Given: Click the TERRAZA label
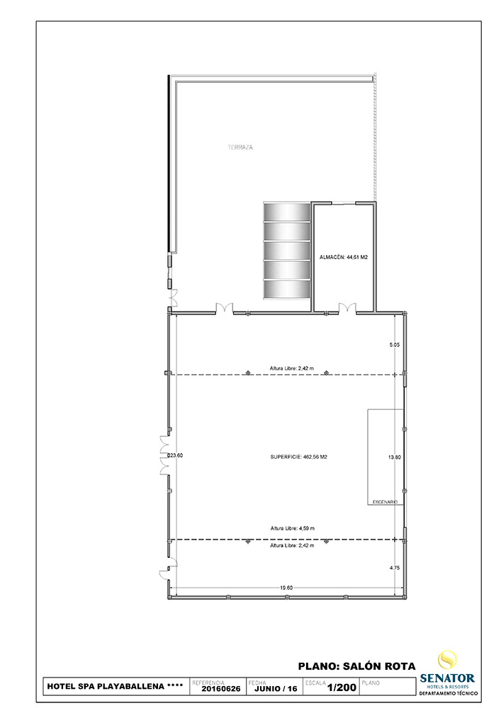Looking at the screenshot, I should tap(240, 147).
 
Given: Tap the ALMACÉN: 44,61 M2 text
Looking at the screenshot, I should tap(343, 258).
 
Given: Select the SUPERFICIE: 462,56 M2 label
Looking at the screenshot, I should tap(298, 457).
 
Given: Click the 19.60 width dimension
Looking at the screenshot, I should tap(286, 587).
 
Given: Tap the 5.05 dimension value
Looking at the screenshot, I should tap(395, 346).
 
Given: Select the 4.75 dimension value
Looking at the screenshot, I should tap(395, 568).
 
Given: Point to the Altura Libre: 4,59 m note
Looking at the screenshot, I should tap(292, 528).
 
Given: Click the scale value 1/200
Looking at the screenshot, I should tap(342, 687).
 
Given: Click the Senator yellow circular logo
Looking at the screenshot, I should tap(447, 660).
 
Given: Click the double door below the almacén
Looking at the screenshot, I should tap(347, 308).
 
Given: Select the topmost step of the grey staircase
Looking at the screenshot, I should tap(287, 212).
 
